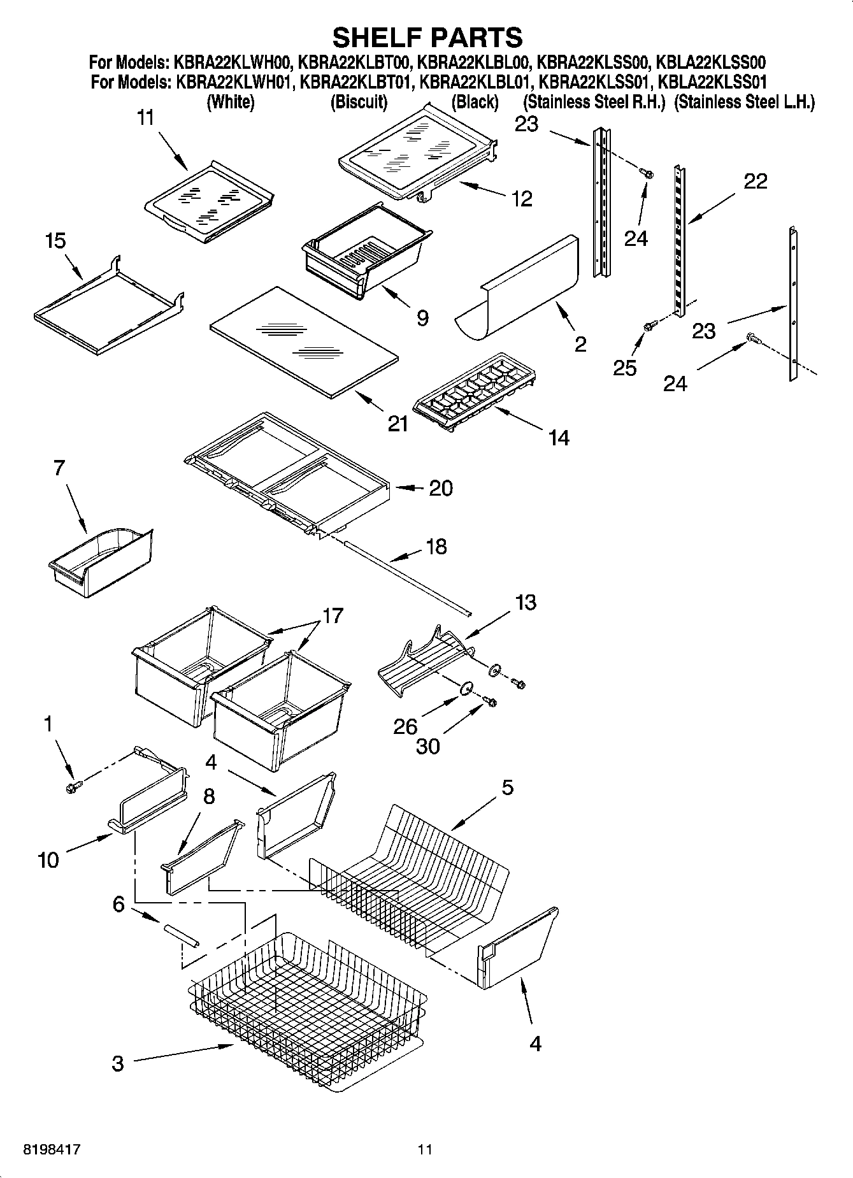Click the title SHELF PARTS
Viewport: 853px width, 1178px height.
coord(427,37)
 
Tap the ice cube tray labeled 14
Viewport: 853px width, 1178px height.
coord(475,392)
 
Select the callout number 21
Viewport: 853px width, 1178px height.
coord(398,423)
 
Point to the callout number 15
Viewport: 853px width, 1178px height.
coord(55,241)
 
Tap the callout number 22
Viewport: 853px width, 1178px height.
coord(756,182)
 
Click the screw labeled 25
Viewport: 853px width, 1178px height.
coord(649,326)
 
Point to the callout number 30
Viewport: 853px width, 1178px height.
coord(427,746)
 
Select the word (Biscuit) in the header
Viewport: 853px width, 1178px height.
coord(359,102)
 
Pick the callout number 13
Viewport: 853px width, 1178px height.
coord(526,602)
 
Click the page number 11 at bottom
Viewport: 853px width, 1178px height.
coord(425,1150)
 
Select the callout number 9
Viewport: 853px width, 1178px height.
coord(422,317)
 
